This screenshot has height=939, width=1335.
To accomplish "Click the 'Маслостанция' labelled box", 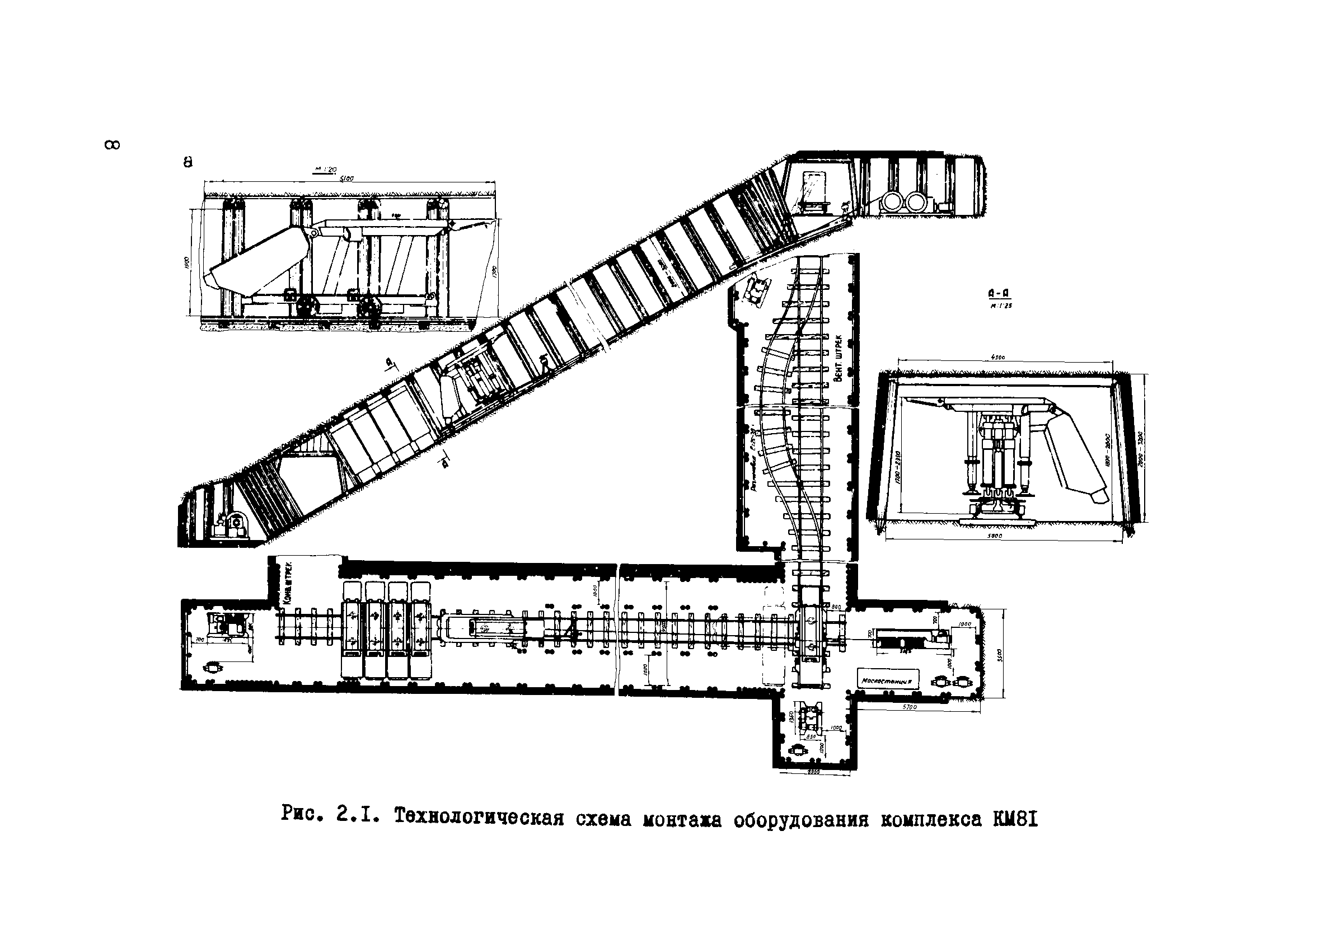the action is (x=889, y=680).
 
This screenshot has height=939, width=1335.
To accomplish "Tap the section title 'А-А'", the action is (x=998, y=295).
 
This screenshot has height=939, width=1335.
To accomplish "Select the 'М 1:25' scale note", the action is (x=1000, y=306).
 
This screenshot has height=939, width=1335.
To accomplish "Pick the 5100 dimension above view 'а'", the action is (x=346, y=179).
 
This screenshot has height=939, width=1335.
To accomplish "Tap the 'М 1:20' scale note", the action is (x=326, y=170).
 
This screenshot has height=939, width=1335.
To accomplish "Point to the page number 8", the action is (x=112, y=145).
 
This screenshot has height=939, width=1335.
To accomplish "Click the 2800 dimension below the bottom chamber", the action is (x=813, y=772).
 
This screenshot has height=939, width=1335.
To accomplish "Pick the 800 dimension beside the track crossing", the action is (x=836, y=607).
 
